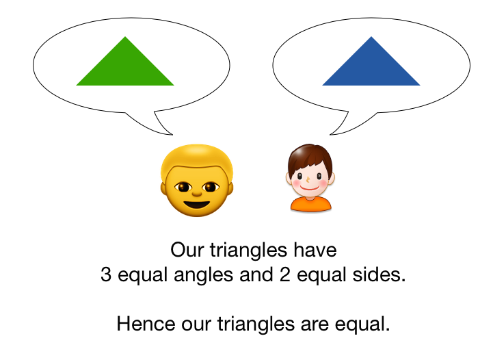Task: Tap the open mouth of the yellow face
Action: [x=197, y=203]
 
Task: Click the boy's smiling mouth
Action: [x=310, y=185]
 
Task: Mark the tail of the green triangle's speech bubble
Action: [x=164, y=126]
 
